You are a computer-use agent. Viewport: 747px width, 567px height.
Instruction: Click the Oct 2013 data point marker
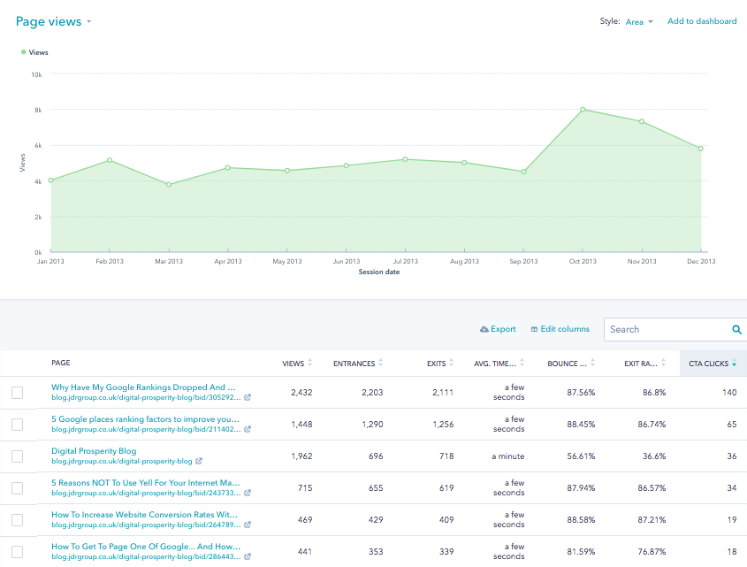click(x=583, y=110)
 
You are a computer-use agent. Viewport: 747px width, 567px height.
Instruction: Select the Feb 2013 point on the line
click(x=110, y=160)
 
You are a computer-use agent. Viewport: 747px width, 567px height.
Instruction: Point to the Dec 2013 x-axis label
click(x=701, y=261)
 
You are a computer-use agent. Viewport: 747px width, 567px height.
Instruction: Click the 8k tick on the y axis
click(x=38, y=111)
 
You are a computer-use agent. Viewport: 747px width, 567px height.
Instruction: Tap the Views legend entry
click(x=34, y=52)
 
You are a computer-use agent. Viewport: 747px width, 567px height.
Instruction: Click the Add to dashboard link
click(x=702, y=21)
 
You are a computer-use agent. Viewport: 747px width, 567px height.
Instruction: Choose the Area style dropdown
click(x=639, y=22)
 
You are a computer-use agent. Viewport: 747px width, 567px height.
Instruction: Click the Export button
click(x=498, y=329)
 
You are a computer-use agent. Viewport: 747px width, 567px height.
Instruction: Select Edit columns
click(x=560, y=329)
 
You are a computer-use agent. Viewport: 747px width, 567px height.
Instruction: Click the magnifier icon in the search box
click(x=736, y=330)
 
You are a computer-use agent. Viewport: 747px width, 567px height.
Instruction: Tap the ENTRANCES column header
click(x=354, y=364)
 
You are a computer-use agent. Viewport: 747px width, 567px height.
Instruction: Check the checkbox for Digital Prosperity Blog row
click(x=17, y=456)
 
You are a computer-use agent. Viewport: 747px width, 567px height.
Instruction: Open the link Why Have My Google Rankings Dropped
click(x=143, y=387)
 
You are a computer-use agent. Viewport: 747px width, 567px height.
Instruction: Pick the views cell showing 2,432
click(x=301, y=393)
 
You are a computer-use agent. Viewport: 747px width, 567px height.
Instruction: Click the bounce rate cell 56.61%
click(x=581, y=456)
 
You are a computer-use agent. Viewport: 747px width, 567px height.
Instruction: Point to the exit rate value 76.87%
click(x=652, y=552)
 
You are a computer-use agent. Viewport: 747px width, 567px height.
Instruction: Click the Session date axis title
click(x=378, y=272)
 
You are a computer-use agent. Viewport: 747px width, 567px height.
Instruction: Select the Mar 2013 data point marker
click(x=169, y=185)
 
